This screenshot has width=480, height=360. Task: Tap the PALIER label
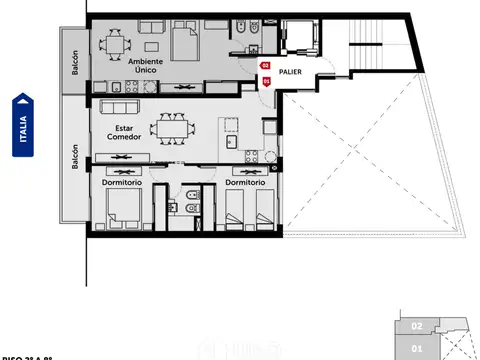pos(291,72)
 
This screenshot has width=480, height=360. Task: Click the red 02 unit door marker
pos(265,67)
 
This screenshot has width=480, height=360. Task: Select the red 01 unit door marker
pos(265,82)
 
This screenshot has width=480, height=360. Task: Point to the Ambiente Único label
pos(148,66)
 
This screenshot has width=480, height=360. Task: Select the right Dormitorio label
pos(245,182)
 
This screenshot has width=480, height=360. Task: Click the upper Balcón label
pos(75,68)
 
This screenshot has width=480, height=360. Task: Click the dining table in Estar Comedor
pos(168,128)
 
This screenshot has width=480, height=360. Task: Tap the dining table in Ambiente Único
pos(116,43)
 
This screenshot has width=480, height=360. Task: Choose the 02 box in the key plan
pos(417,325)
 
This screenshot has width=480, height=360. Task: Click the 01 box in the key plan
pos(417,347)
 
